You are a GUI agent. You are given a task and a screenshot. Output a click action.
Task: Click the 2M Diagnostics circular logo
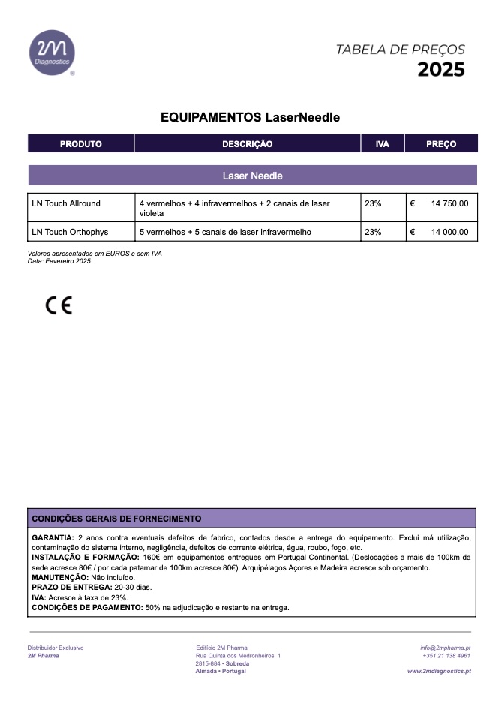52,53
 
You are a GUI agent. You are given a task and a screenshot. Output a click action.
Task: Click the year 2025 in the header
441,70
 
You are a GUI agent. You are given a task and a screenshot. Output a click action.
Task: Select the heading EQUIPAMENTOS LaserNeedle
251,118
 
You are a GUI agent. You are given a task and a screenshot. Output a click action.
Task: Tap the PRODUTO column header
80,144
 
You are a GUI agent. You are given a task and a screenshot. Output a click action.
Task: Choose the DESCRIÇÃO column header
247,144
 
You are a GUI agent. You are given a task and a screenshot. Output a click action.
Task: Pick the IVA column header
382,144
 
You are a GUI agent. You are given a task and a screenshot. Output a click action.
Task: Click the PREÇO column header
441,144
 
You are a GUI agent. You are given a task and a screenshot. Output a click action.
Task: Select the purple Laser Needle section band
252,176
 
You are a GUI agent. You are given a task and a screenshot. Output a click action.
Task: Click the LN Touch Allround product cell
66,203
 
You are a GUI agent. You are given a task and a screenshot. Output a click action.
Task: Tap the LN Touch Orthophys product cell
69,232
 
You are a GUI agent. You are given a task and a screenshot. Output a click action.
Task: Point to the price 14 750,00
449,203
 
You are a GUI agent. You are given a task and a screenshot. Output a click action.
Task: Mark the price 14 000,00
449,232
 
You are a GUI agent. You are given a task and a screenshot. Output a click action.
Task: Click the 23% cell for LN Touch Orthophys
373,232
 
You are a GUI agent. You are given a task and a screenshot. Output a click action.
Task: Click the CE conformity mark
59,305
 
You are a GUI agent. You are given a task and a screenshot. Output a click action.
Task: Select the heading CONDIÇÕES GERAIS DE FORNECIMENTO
116,519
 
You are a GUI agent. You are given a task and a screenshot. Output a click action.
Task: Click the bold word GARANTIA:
53,538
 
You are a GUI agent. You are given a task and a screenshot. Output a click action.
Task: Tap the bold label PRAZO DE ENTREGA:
71,588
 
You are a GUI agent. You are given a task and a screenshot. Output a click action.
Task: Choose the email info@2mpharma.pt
445,648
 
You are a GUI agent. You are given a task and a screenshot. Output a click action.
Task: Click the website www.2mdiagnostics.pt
439,671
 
